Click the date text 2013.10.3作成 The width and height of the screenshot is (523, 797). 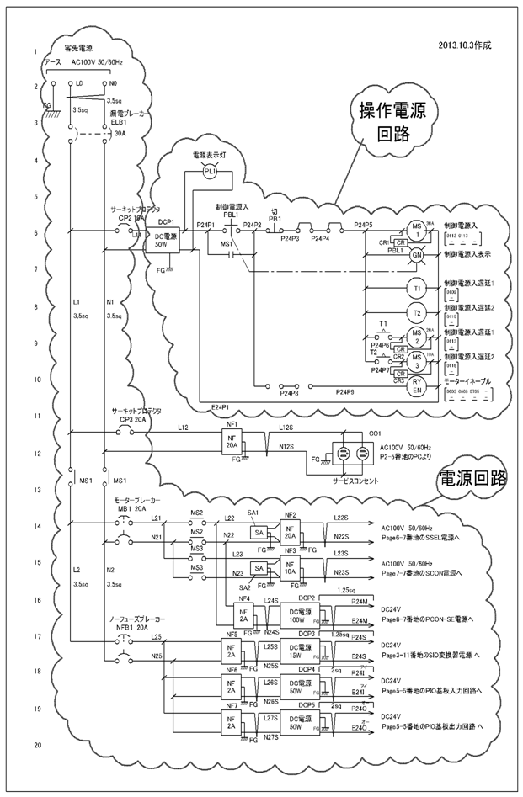(464, 44)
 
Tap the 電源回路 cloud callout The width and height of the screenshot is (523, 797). (472, 479)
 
